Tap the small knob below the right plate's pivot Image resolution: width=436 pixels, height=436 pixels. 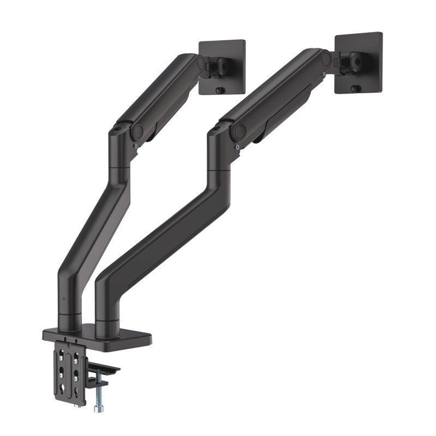[x=355, y=88]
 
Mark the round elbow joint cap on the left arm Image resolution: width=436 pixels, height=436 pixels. [x=137, y=131]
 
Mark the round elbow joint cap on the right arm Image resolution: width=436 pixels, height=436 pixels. [x=238, y=131]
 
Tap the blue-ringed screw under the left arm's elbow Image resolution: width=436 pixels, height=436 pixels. [x=134, y=147]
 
